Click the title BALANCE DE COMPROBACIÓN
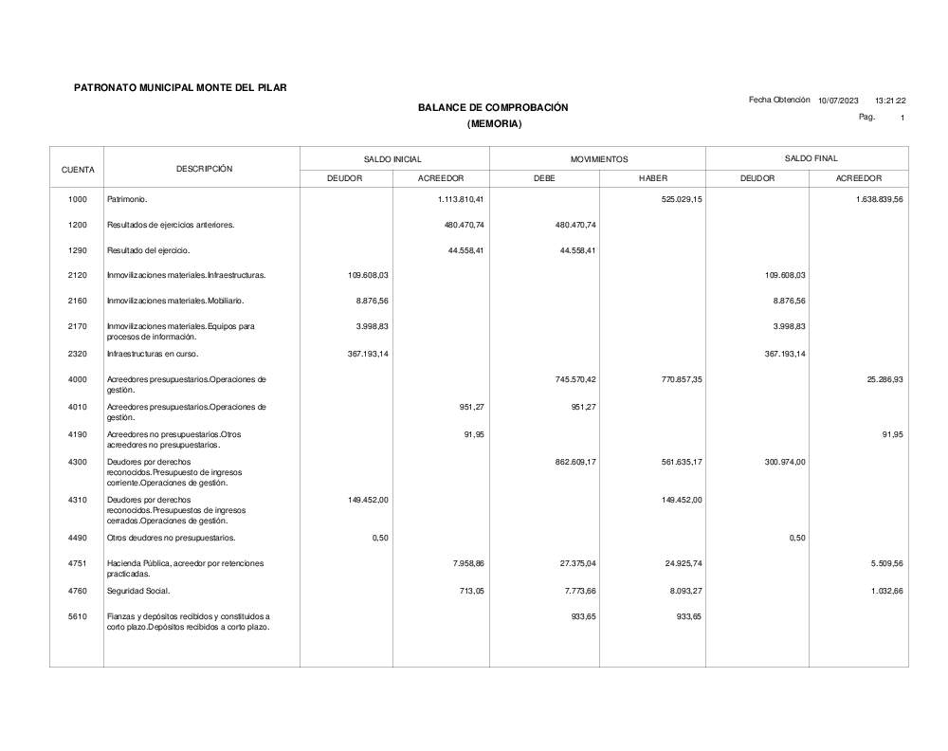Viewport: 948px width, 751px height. [493, 107]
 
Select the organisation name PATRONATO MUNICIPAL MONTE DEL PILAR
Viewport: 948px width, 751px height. [180, 88]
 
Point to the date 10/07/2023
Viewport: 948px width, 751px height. [838, 100]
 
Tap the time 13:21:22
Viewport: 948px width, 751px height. [890, 100]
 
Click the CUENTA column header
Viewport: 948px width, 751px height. [78, 170]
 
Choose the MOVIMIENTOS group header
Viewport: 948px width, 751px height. [599, 159]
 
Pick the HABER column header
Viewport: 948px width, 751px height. [653, 178]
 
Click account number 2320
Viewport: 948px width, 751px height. [78, 354]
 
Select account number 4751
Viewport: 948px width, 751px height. [78, 563]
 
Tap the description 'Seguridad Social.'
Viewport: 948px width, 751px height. [139, 593]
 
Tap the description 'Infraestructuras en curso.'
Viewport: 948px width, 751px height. [153, 354]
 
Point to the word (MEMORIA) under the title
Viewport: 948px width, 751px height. [495, 124]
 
